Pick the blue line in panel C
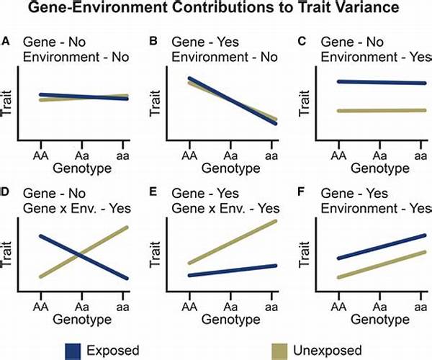(x=378, y=82)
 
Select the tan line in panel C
(x=378, y=111)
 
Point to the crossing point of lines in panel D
(x=82, y=255)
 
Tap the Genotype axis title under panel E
(x=231, y=318)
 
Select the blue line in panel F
(x=378, y=247)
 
